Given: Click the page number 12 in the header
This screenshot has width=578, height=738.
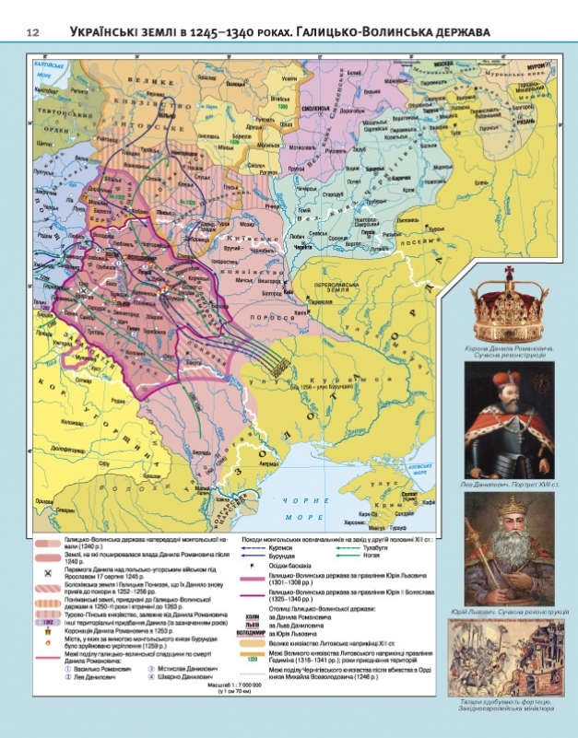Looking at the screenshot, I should coord(32,34).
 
